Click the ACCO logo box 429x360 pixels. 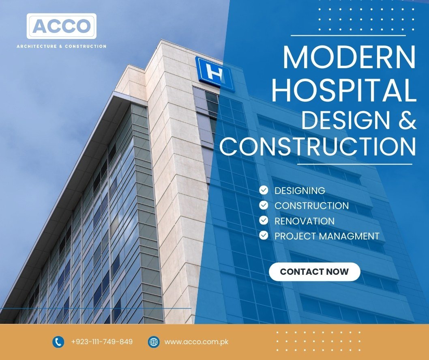click(x=62, y=26)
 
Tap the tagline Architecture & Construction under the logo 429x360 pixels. click(x=62, y=46)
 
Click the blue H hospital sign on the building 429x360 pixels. click(x=215, y=73)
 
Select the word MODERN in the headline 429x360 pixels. click(x=350, y=58)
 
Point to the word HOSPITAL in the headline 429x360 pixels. click(x=344, y=90)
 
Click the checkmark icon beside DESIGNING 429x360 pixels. click(x=264, y=190)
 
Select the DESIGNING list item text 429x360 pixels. click(x=300, y=190)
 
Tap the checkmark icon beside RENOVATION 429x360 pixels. click(x=264, y=220)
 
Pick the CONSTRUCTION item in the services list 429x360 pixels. click(x=312, y=206)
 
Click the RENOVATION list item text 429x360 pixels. click(x=305, y=221)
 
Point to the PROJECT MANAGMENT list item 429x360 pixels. click(x=327, y=236)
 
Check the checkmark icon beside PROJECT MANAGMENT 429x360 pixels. click(x=264, y=235)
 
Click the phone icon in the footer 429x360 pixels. click(x=58, y=342)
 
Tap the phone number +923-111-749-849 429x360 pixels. click(x=102, y=342)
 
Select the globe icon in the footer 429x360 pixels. click(x=154, y=342)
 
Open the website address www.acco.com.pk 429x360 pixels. click(x=196, y=342)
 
